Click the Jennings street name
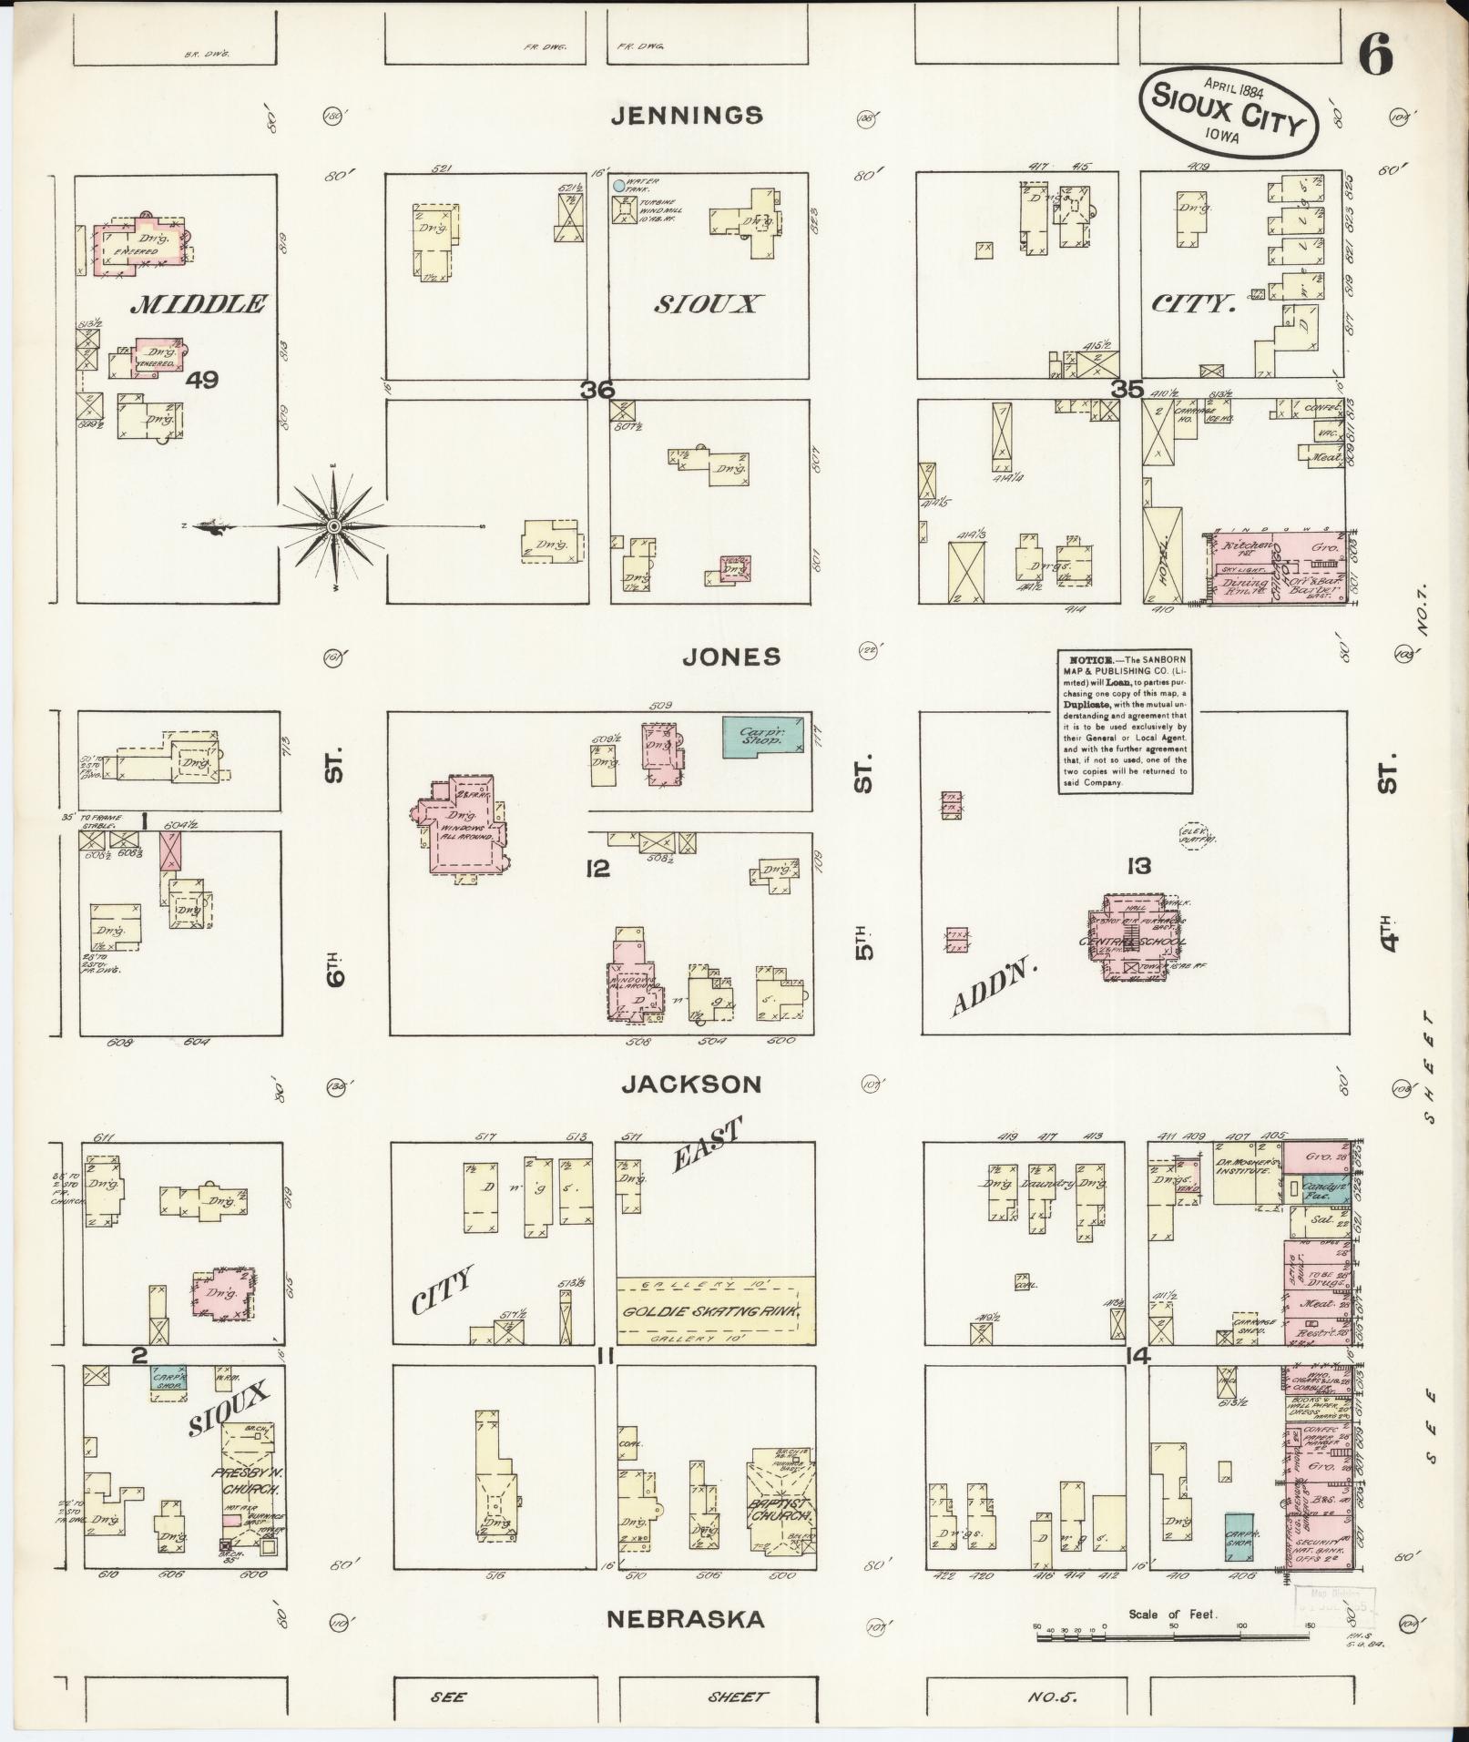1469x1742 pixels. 699,116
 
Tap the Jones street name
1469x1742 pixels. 732,657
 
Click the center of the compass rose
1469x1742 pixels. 335,527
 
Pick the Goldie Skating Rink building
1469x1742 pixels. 715,1311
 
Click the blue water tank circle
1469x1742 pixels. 619,186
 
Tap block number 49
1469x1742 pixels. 201,380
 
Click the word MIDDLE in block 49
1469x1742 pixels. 199,305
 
